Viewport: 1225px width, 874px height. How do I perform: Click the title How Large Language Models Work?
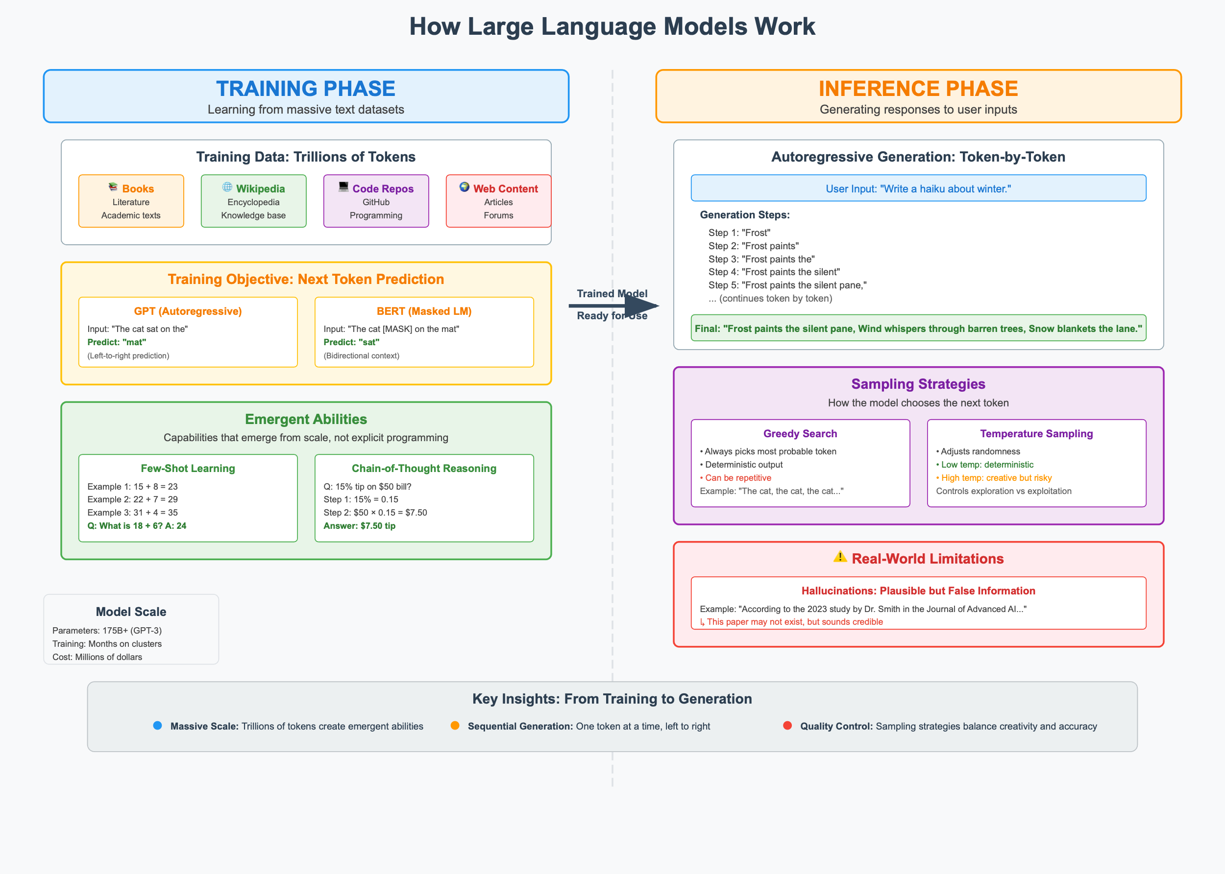[x=612, y=26]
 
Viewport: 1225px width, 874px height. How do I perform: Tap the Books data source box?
[x=131, y=201]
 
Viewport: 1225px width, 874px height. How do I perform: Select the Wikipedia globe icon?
[x=227, y=187]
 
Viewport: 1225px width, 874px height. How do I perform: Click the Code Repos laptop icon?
[x=343, y=187]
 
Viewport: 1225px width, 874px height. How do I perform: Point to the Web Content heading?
[x=505, y=189]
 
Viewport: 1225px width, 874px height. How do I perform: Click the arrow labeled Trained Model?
[x=614, y=306]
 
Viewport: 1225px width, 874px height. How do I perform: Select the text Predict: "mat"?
[x=116, y=342]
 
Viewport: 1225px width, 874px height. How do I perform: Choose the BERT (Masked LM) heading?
[x=424, y=311]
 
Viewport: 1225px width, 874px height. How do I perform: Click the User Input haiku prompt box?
[x=918, y=188]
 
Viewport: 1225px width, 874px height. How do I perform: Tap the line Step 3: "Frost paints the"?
[x=761, y=259]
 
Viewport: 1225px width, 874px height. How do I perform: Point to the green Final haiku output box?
[x=918, y=328]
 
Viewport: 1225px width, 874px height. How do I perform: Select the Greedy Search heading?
[x=800, y=433]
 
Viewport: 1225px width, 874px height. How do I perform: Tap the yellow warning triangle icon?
[x=840, y=557]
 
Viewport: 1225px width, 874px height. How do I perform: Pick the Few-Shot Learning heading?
[x=188, y=468]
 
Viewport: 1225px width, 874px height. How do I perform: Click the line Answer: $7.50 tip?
[x=359, y=526]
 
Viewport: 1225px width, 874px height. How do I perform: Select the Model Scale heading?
[x=131, y=612]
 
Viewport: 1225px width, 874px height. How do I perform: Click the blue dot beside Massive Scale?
[x=157, y=726]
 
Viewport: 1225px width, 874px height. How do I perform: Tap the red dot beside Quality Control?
[x=787, y=726]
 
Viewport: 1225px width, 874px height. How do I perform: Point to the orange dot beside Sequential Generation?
[x=455, y=726]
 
